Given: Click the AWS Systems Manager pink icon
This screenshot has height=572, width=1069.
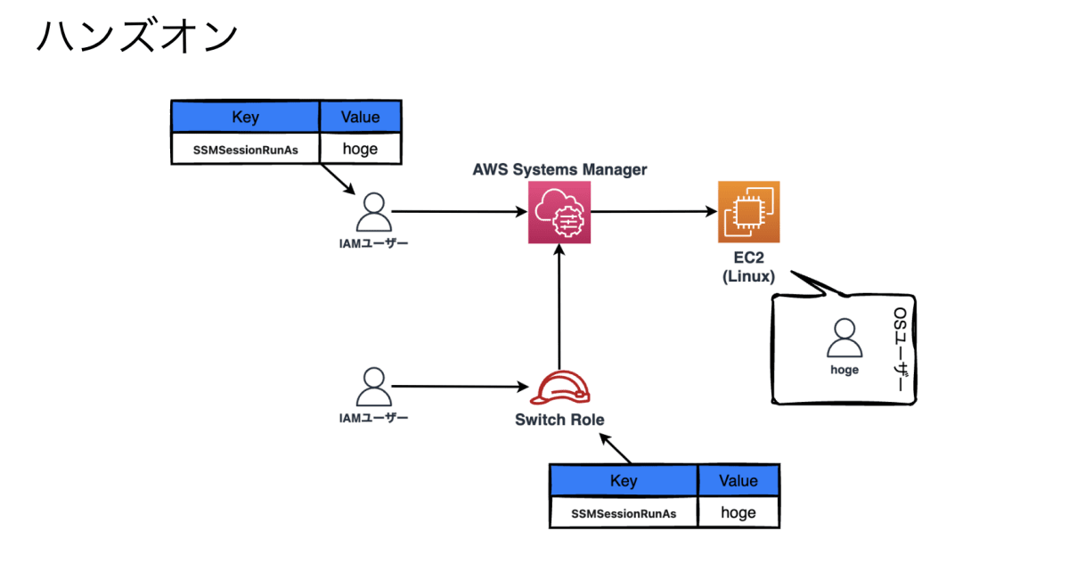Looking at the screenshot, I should click(559, 212).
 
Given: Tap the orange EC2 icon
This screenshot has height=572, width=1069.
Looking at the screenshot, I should click(748, 212).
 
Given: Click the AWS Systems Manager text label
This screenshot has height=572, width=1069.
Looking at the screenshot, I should click(559, 169).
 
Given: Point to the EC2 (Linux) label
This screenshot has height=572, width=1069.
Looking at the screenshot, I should click(748, 267).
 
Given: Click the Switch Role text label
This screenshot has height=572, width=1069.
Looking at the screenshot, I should click(559, 420).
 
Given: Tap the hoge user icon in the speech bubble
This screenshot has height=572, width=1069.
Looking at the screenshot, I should click(844, 339).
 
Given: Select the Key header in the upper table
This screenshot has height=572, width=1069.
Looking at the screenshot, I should click(245, 117).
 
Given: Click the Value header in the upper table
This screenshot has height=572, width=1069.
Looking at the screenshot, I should click(360, 117).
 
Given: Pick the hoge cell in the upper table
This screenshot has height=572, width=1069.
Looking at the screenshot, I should click(360, 149).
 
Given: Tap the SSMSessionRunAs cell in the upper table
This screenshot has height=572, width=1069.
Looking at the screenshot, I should click(245, 150).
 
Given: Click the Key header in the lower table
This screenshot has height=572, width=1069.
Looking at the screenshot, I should click(624, 481).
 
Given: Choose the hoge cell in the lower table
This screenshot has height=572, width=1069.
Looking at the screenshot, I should click(738, 512).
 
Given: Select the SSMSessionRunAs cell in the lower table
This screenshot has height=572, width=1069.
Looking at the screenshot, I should click(624, 513).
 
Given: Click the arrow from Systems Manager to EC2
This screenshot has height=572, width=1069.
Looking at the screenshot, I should click(655, 212).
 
